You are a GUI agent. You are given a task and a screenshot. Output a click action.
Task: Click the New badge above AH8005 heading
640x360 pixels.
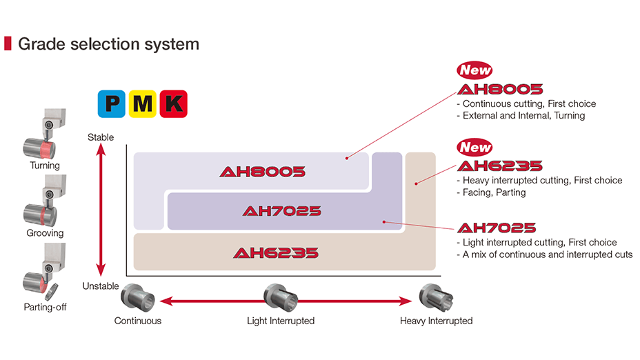(x=475, y=70)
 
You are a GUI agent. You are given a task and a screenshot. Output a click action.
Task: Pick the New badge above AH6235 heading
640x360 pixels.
(x=475, y=147)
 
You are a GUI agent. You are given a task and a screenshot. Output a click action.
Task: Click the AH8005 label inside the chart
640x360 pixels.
(x=262, y=172)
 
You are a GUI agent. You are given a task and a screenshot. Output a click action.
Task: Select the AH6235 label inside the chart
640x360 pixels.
(x=276, y=252)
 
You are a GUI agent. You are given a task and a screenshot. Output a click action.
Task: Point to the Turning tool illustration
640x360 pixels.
(x=46, y=134)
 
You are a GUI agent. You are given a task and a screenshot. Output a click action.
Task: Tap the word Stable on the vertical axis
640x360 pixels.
(x=101, y=137)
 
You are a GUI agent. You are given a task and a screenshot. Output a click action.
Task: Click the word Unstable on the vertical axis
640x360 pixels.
(x=101, y=286)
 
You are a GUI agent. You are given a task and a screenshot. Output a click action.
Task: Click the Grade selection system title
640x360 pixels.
(x=108, y=44)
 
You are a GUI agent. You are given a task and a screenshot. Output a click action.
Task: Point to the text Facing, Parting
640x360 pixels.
(x=494, y=192)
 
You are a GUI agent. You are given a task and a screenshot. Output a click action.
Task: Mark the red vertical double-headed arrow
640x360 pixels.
(x=101, y=211)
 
